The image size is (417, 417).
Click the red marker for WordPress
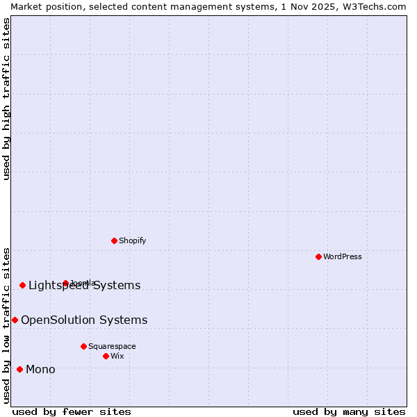point(318,256)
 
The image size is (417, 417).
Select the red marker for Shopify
point(114,240)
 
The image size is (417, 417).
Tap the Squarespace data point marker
point(83,346)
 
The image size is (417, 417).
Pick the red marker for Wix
point(106,356)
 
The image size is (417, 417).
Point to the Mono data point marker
point(19,369)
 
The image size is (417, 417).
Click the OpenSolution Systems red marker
point(15,320)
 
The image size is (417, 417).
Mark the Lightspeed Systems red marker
point(22,285)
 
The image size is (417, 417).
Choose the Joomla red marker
point(65,283)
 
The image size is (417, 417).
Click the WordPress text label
point(343,256)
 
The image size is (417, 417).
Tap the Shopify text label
point(132,240)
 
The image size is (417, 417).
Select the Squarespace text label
point(112,346)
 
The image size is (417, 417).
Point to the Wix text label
point(117,356)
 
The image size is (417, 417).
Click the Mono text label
point(40,369)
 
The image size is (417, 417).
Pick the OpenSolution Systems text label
point(84,320)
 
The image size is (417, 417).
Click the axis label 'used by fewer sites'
point(72,411)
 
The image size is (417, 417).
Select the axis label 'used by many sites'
point(349,411)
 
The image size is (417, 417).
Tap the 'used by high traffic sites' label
point(6,99)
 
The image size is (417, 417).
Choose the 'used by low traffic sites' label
point(6,325)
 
